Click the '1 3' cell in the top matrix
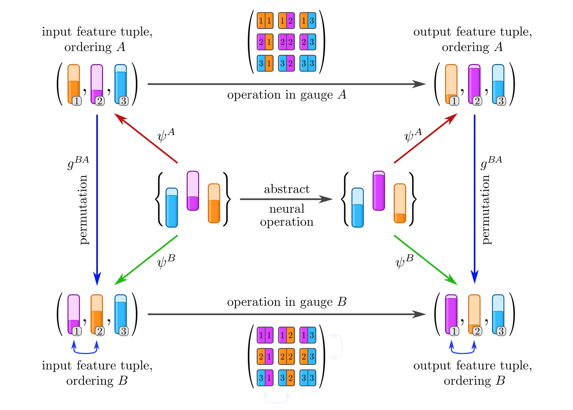[308, 21]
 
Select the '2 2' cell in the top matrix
[286, 42]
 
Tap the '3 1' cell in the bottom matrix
[265, 378]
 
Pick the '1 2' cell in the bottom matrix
[286, 335]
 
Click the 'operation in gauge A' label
[286, 95]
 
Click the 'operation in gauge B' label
[286, 302]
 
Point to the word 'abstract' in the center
[286, 189]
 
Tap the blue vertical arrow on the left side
[97, 201]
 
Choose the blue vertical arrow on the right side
[474, 201]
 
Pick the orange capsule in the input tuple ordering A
[74, 84]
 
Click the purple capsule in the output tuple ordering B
[451, 314]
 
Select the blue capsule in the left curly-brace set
[172, 208]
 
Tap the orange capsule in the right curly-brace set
[400, 203]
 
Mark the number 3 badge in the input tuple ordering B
[123, 331]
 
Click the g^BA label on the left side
[78, 163]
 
